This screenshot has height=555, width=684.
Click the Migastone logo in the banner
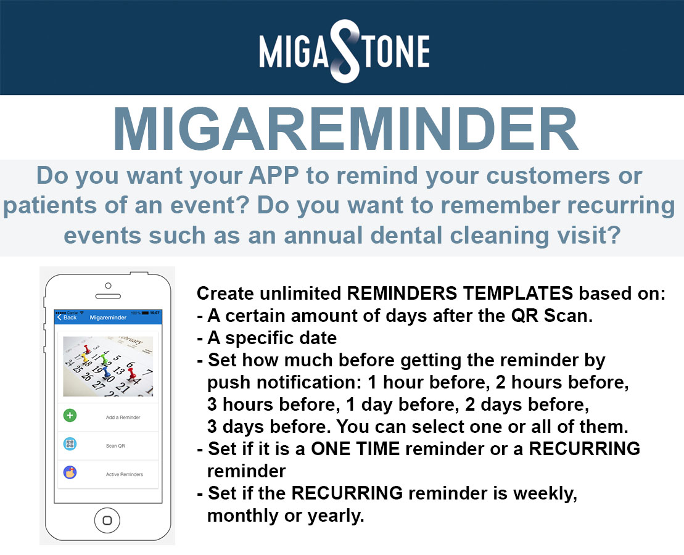pyautogui.click(x=344, y=51)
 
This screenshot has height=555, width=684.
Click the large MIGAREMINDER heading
pyautogui.click(x=345, y=129)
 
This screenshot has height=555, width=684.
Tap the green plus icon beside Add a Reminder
pyautogui.click(x=70, y=416)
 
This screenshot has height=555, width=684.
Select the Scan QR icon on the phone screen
pyautogui.click(x=70, y=444)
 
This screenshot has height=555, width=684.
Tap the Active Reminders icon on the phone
pyautogui.click(x=70, y=472)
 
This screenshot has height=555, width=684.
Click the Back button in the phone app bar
pyautogui.click(x=67, y=317)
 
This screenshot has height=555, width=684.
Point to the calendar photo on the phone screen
pyautogui.click(x=108, y=366)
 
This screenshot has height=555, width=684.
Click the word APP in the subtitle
pyautogui.click(x=274, y=175)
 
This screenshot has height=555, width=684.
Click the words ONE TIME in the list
pyautogui.click(x=355, y=448)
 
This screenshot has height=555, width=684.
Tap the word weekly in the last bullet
pyautogui.click(x=545, y=493)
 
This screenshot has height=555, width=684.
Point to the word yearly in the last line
pyautogui.click(x=336, y=516)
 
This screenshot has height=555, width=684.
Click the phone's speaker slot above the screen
pyautogui.click(x=108, y=296)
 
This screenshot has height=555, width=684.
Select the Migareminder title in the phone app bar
pyautogui.click(x=108, y=318)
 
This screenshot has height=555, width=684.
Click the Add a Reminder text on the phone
pyautogui.click(x=123, y=417)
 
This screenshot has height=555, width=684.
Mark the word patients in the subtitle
pyautogui.click(x=50, y=206)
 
